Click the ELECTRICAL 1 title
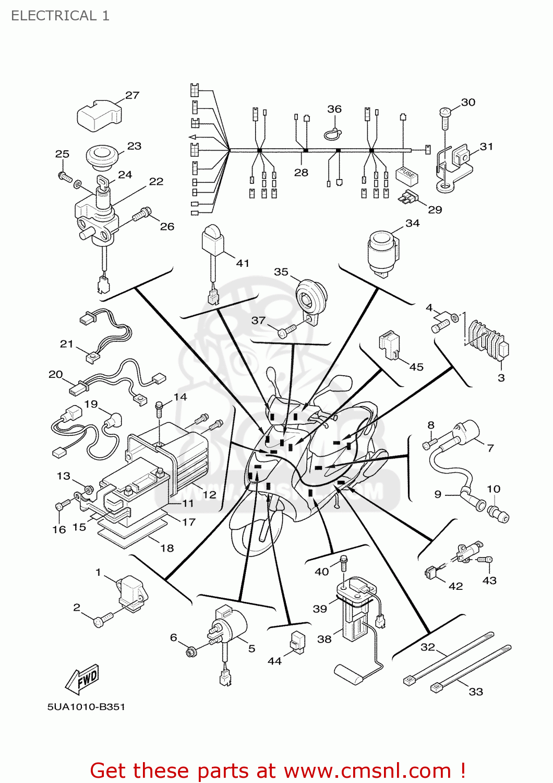[x=60, y=16]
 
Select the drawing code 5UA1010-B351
[x=86, y=707]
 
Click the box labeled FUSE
[x=407, y=174]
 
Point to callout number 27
[x=132, y=95]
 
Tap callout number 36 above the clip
[x=334, y=109]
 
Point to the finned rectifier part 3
[x=488, y=339]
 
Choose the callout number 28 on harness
[x=301, y=172]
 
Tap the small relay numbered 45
[x=389, y=345]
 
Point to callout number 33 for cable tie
[x=476, y=692]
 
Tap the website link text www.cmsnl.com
[x=367, y=770]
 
